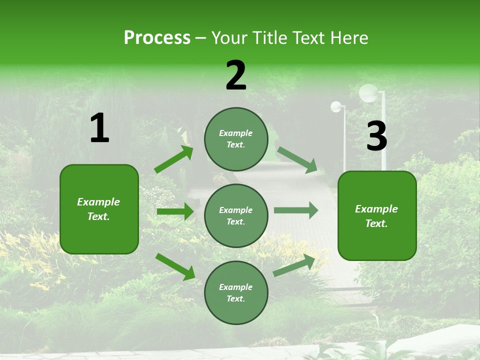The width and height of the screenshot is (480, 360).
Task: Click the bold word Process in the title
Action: click(157, 38)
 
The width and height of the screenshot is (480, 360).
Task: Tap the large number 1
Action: click(99, 128)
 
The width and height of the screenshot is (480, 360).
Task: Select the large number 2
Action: click(236, 75)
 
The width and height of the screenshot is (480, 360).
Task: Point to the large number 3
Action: click(376, 136)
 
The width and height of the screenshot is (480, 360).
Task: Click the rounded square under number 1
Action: click(99, 209)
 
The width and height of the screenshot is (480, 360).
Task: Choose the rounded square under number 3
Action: click(377, 215)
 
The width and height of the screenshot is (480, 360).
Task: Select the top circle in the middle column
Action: click(236, 139)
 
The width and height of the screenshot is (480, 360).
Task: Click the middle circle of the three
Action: click(236, 215)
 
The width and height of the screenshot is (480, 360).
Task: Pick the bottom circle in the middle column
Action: click(236, 292)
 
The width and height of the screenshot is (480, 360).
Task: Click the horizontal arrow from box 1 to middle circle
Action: click(175, 211)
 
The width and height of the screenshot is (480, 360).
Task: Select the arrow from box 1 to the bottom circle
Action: click(175, 266)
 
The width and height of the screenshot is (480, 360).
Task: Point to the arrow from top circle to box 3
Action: click(297, 159)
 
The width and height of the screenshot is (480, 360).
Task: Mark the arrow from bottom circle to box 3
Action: click(294, 265)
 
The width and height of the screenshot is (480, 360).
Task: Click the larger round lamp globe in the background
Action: click(368, 92)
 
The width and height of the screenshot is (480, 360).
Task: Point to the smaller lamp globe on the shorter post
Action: click(336, 106)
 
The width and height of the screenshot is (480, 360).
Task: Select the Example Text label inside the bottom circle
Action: click(236, 292)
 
